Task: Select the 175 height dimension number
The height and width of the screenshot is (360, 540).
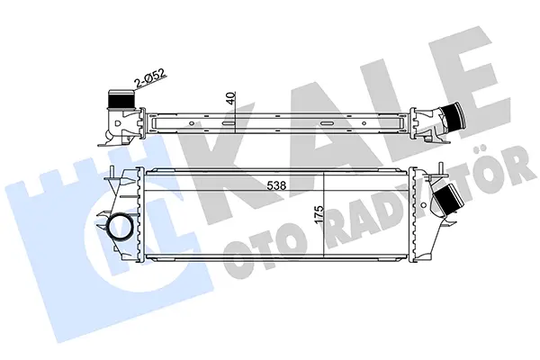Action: click(319, 215)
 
